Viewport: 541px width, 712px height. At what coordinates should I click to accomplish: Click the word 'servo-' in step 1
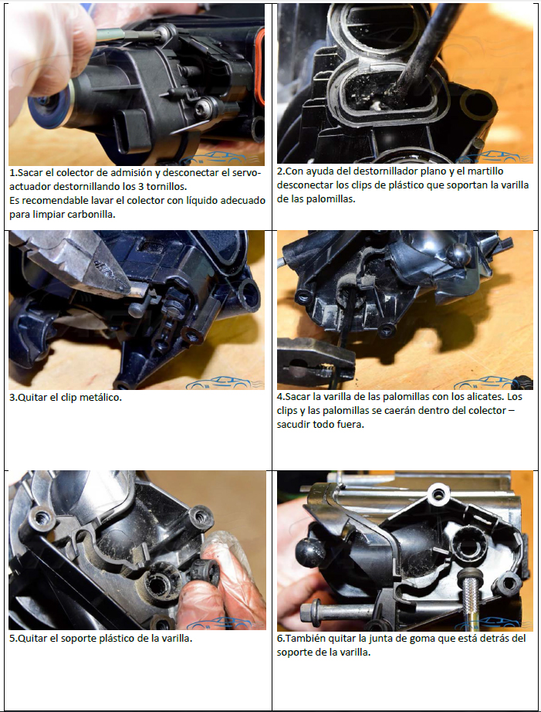coord(246,172)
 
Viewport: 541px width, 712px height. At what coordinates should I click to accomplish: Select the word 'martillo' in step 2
coord(485,171)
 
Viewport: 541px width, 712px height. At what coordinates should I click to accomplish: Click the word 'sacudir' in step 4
coord(293,425)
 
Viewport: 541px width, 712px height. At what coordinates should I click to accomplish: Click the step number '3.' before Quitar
coord(13,398)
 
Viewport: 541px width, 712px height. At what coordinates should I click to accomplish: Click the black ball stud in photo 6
coord(311,551)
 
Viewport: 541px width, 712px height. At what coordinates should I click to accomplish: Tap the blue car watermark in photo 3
coord(225,383)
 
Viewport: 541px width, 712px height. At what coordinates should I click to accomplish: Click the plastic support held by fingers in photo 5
coord(205,573)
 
